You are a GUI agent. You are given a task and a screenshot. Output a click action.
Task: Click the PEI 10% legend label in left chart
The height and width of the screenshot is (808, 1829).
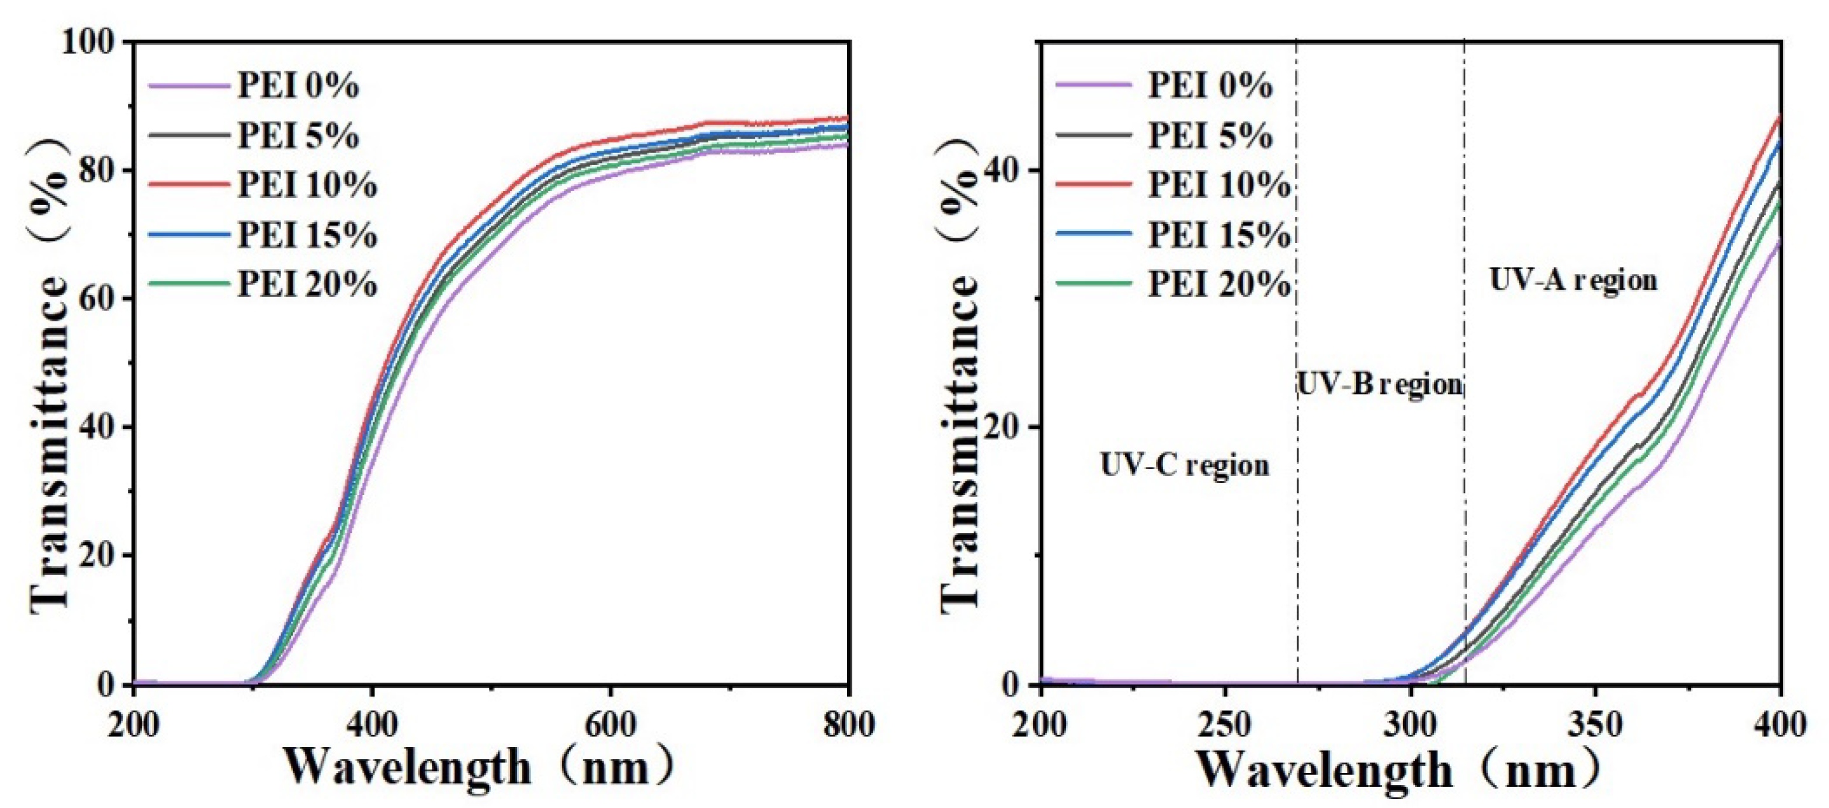tap(307, 185)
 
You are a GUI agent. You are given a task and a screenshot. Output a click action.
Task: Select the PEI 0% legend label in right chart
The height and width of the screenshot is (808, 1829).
tap(1210, 85)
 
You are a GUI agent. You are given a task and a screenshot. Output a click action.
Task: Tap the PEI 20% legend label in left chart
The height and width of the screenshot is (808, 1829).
tap(307, 285)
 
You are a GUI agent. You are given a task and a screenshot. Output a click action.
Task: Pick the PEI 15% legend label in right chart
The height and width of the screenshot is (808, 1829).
tap(1219, 235)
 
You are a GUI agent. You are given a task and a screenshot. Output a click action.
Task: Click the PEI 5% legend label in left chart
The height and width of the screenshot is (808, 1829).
tap(298, 136)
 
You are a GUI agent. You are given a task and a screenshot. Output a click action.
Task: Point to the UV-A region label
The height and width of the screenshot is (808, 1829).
tap(1573, 281)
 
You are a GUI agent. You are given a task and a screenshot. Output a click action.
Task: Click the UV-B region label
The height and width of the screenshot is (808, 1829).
tap(1379, 384)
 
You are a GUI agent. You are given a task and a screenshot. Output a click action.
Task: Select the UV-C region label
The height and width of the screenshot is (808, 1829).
tap(1184, 465)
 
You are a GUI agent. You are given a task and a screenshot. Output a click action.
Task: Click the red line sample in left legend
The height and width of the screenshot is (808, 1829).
tap(189, 185)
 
